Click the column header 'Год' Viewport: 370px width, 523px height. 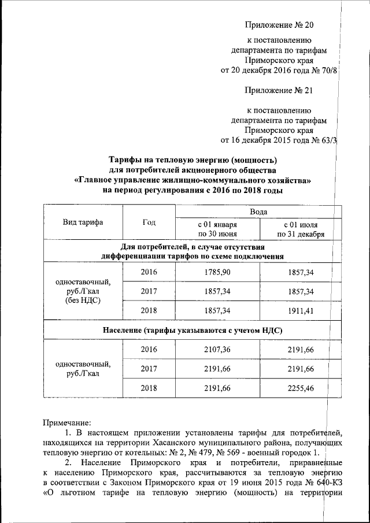click(149, 223)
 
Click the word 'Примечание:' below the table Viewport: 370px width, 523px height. click(66, 423)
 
